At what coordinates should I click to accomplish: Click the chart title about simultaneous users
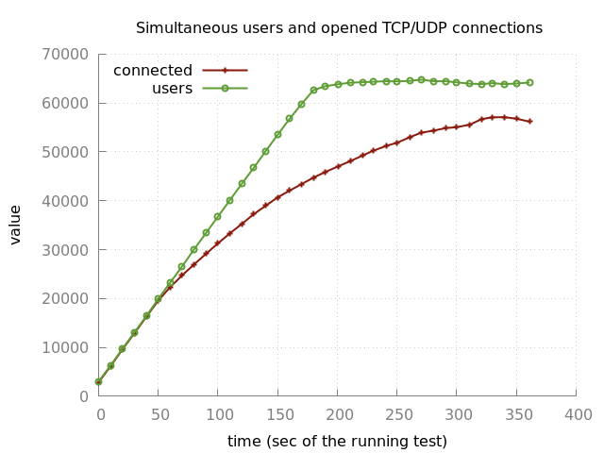[339, 28]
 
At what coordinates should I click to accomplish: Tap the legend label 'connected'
[153, 71]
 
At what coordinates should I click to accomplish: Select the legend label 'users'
[172, 89]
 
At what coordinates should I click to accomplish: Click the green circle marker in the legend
[225, 89]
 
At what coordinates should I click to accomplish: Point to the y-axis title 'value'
[16, 225]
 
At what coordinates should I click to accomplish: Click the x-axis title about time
[337, 442]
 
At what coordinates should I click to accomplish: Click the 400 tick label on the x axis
[578, 414]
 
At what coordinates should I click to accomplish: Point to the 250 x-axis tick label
[398, 414]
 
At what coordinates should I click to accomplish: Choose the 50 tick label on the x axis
[159, 414]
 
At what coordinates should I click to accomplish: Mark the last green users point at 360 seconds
[529, 82]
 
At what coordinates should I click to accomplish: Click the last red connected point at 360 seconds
[529, 122]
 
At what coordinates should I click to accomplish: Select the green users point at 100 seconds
[218, 216]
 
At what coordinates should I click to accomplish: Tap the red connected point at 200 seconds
[338, 166]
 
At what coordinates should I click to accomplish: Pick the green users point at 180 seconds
[314, 91]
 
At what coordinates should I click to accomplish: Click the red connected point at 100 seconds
[218, 243]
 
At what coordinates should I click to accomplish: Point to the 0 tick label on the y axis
[84, 396]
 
